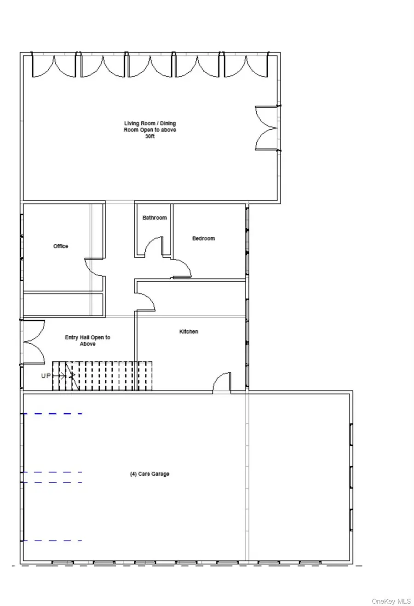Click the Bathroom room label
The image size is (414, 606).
[155, 218]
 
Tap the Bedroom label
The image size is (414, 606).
[203, 238]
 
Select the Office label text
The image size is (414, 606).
[61, 246]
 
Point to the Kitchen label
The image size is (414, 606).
[189, 331]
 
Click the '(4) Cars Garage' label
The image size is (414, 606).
[149, 473]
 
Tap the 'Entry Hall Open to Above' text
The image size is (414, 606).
[87, 341]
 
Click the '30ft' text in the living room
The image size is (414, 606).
[150, 136]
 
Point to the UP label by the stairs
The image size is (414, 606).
[46, 375]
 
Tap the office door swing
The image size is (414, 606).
[94, 267]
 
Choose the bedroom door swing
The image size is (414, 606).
[182, 268]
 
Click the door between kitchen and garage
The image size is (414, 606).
[222, 382]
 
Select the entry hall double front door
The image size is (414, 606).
[34, 342]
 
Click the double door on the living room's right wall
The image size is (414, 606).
[266, 128]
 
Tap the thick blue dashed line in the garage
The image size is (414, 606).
[52, 414]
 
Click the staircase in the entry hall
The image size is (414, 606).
[102, 376]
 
